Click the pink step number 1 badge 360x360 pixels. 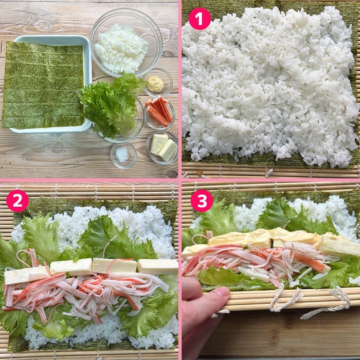pyautogui.click(x=199, y=19)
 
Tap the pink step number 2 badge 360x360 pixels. pyautogui.click(x=17, y=201)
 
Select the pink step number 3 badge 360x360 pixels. pyautogui.click(x=202, y=201)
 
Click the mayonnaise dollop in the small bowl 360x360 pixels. pyautogui.click(x=155, y=84)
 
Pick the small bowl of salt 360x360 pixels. pyautogui.click(x=123, y=155)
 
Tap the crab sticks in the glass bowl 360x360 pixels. pyautogui.click(x=160, y=112)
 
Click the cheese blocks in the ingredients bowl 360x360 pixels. pyautogui.click(x=164, y=147)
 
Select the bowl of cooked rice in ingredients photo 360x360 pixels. pyautogui.click(x=126, y=43)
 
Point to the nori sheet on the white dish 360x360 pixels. pyautogui.click(x=43, y=85)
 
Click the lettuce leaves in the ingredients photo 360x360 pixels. pyautogui.click(x=110, y=105)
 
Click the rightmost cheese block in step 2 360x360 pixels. pyautogui.click(x=157, y=266)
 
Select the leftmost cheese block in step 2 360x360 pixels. pyautogui.click(x=26, y=275)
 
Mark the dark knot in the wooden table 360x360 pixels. pyautogui.click(x=172, y=175)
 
